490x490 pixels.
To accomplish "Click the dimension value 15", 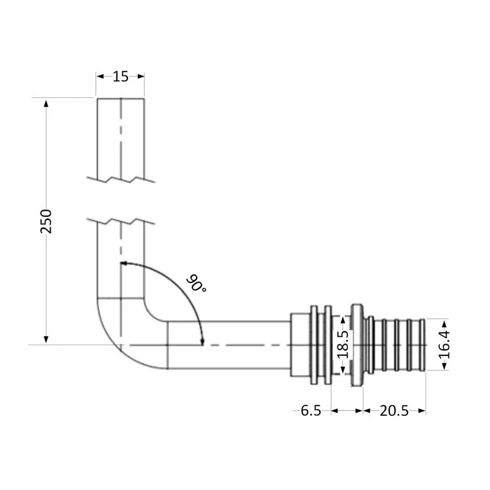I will [x=121, y=77].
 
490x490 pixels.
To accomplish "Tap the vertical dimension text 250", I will [x=47, y=221].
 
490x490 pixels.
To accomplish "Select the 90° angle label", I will [x=197, y=284].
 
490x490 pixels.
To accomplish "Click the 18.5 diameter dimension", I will [x=343, y=345].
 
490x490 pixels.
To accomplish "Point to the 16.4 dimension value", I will [x=445, y=344].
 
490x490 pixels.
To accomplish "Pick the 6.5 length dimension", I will [x=311, y=411].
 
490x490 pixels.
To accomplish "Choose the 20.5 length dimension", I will [x=394, y=411].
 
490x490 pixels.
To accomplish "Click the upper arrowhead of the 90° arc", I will [x=124, y=263].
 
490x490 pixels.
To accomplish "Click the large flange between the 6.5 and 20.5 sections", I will [x=356, y=344].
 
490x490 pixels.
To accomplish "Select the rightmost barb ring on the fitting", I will [x=422, y=345].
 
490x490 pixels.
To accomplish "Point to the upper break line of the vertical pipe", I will [x=121, y=179].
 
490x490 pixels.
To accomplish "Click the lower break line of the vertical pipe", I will [x=121, y=219].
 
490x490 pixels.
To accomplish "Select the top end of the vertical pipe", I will [x=121, y=98].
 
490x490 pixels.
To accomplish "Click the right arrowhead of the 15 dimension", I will [x=141, y=77].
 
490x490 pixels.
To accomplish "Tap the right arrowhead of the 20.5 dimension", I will [x=422, y=411].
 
